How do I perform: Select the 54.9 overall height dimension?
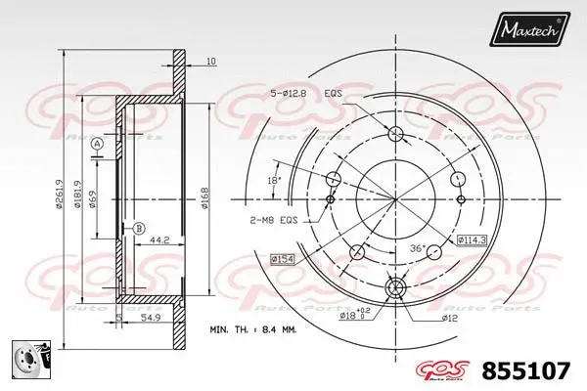(x=149, y=320)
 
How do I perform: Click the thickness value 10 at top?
(x=211, y=63)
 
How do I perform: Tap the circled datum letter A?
(x=97, y=145)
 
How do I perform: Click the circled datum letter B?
(x=139, y=229)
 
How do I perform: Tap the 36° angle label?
(x=417, y=249)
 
